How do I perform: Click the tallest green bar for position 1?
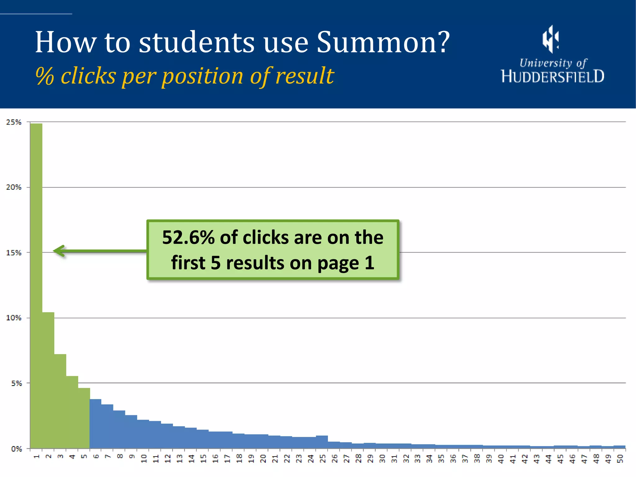(x=36, y=286)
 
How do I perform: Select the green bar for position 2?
(x=48, y=380)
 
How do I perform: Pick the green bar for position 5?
(x=84, y=418)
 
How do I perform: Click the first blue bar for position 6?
(x=96, y=424)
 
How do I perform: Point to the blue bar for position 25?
(x=322, y=442)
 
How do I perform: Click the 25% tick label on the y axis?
(x=14, y=122)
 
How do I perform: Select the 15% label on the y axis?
(x=14, y=253)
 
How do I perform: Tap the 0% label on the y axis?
(x=16, y=449)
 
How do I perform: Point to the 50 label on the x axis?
(x=620, y=459)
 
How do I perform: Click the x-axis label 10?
(x=144, y=459)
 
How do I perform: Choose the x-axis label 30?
(x=382, y=459)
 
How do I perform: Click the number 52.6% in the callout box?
(x=188, y=238)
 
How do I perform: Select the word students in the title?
(x=197, y=42)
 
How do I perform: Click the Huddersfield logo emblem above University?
(x=551, y=39)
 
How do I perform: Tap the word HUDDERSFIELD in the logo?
(x=553, y=76)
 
